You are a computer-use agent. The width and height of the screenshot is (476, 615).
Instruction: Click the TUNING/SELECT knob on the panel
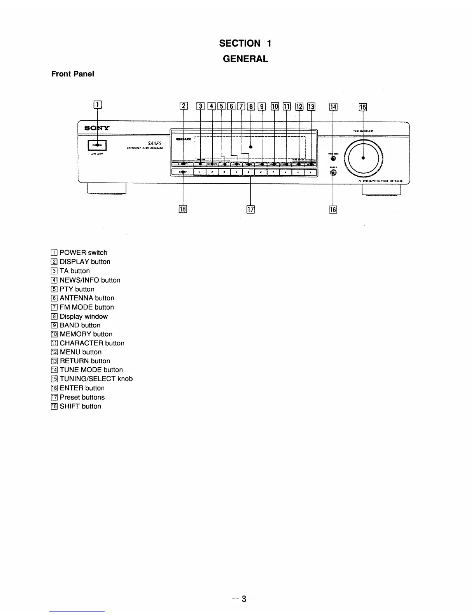click(364, 158)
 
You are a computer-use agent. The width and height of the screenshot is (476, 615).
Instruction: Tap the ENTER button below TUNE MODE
click(333, 173)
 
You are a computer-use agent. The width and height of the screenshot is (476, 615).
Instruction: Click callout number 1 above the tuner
click(97, 104)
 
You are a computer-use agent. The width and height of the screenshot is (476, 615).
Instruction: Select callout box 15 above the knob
click(363, 107)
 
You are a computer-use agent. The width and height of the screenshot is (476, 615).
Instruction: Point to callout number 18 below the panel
click(183, 209)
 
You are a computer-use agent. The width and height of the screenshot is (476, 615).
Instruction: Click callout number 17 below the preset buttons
click(250, 210)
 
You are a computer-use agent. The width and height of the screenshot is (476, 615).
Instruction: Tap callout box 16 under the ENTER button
click(333, 210)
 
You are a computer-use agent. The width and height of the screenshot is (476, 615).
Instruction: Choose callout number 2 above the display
click(184, 106)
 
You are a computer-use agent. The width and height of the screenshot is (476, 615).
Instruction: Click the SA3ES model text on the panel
click(154, 143)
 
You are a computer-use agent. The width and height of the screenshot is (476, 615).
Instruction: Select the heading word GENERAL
click(245, 59)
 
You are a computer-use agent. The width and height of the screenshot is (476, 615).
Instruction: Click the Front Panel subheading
click(73, 74)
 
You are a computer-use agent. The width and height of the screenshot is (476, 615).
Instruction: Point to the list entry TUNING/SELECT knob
click(96, 379)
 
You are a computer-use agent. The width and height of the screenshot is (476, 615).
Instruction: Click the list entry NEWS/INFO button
click(89, 280)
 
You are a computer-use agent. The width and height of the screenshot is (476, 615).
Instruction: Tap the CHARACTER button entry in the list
click(92, 343)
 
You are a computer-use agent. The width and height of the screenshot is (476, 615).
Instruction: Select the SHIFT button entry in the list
click(80, 407)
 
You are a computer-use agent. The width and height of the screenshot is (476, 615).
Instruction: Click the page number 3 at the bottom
click(244, 599)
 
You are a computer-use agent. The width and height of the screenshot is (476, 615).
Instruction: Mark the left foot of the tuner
click(107, 189)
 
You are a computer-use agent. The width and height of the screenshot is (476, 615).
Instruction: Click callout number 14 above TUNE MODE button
click(333, 107)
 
